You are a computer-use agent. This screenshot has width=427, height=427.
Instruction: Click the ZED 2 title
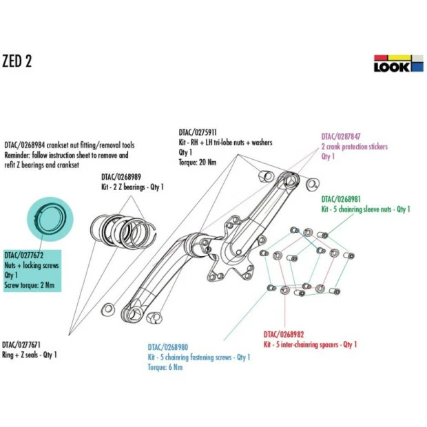click(17, 61)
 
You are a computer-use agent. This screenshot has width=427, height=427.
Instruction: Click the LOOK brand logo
click(393, 63)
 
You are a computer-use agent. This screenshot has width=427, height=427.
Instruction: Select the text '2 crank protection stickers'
click(355, 147)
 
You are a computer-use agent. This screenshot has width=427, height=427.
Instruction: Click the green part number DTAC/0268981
click(342, 199)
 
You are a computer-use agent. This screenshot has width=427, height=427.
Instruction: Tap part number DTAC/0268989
click(121, 177)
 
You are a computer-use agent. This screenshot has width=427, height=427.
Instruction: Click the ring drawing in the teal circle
click(50, 218)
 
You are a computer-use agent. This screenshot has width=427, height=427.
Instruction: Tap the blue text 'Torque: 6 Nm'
click(165, 367)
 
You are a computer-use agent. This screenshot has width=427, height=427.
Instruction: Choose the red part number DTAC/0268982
click(284, 334)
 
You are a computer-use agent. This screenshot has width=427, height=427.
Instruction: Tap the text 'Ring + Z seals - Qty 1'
click(30, 355)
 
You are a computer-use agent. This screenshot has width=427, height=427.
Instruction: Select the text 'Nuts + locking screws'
click(32, 264)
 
